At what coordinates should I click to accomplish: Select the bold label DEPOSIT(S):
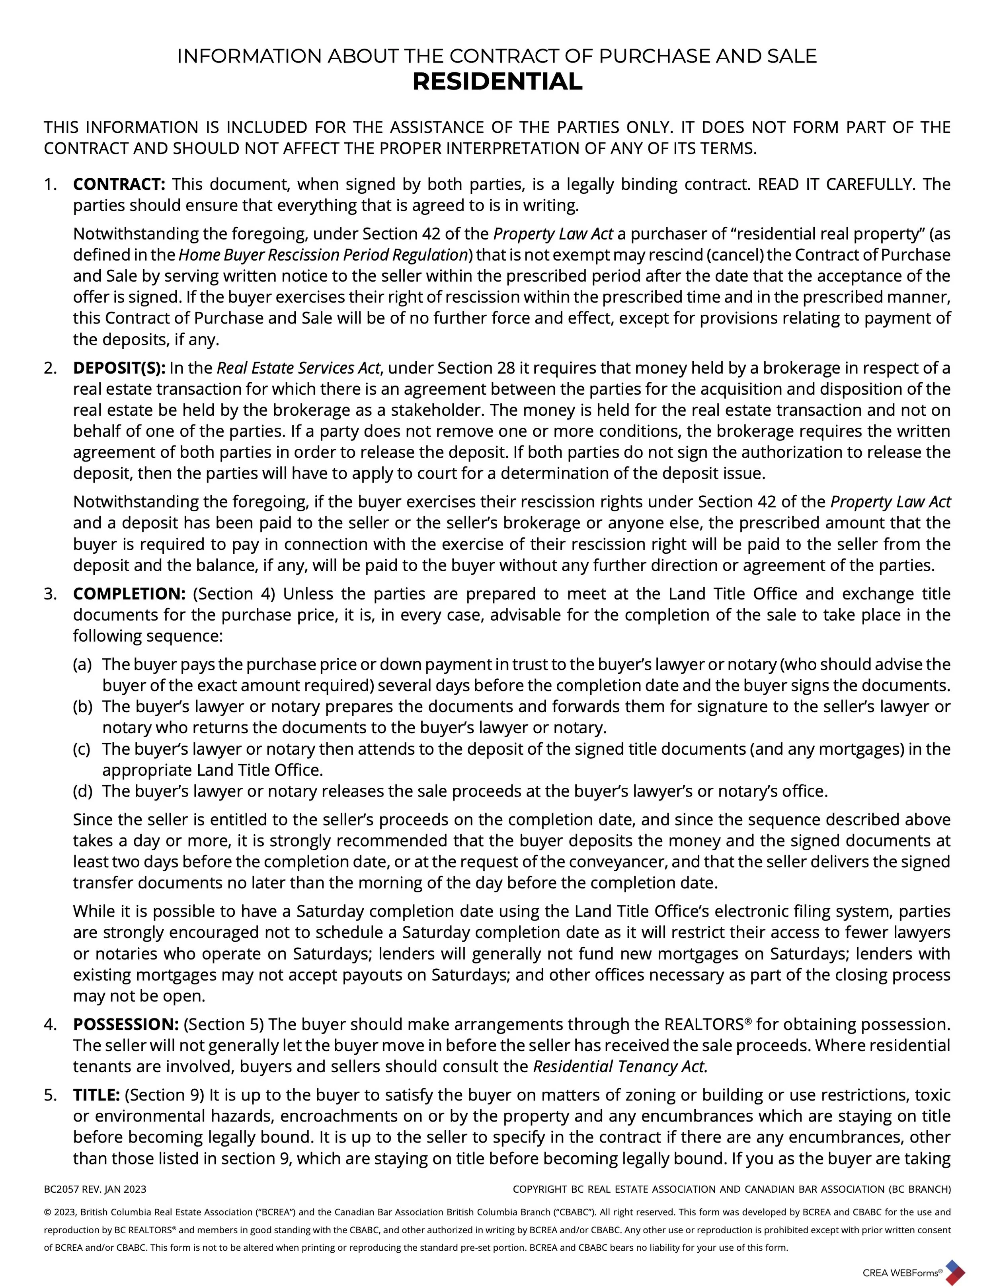pyautogui.click(x=120, y=368)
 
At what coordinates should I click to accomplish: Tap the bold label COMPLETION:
pyautogui.click(x=129, y=594)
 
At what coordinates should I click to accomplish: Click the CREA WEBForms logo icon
pyautogui.click(x=954, y=1271)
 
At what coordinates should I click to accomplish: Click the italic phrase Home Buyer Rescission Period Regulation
pyautogui.click(x=323, y=255)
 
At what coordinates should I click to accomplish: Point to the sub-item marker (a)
pyautogui.click(x=82, y=665)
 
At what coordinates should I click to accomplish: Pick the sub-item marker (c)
pyautogui.click(x=82, y=749)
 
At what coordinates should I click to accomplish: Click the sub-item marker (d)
pyautogui.click(x=82, y=791)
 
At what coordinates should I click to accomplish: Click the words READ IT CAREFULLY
pyautogui.click(x=835, y=185)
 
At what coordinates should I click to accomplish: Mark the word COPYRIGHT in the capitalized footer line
pyautogui.click(x=539, y=1189)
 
